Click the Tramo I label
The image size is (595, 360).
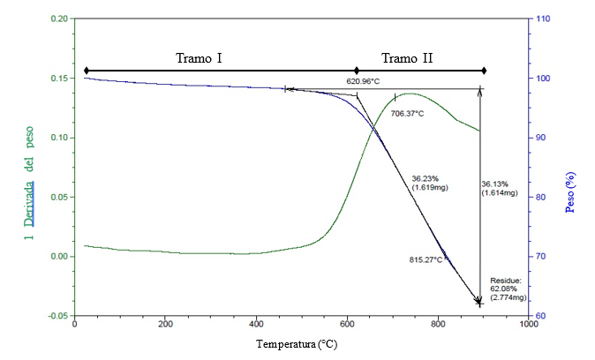[x=199, y=58]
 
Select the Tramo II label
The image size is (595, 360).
[x=407, y=58]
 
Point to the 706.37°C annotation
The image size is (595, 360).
[x=408, y=114]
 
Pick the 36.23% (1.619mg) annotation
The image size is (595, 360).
[x=428, y=183]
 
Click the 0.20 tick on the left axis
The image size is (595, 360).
[x=59, y=19]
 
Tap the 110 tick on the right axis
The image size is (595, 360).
[x=544, y=19]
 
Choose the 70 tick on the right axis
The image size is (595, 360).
[x=541, y=257]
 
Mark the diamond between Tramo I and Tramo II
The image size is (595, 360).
[x=357, y=71]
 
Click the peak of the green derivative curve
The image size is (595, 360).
[x=408, y=94]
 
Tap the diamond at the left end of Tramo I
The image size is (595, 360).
[x=87, y=71]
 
